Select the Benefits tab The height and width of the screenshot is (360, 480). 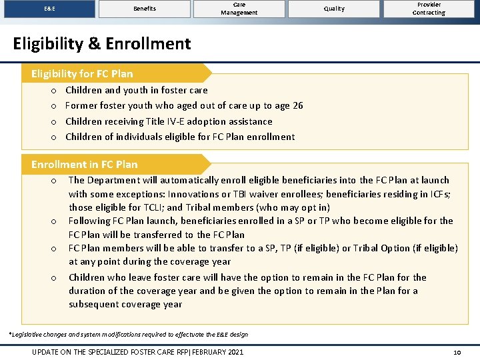click(144, 9)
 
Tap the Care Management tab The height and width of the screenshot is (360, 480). click(239, 9)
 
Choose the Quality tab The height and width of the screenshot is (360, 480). click(334, 9)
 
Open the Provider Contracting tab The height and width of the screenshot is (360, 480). click(429, 9)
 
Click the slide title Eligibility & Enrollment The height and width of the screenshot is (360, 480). click(102, 44)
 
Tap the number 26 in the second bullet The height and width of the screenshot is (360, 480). click(297, 105)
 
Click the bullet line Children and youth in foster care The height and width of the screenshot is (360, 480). click(136, 90)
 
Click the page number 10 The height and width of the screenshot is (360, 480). click(457, 352)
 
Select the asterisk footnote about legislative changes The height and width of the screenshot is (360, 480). click(127, 334)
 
